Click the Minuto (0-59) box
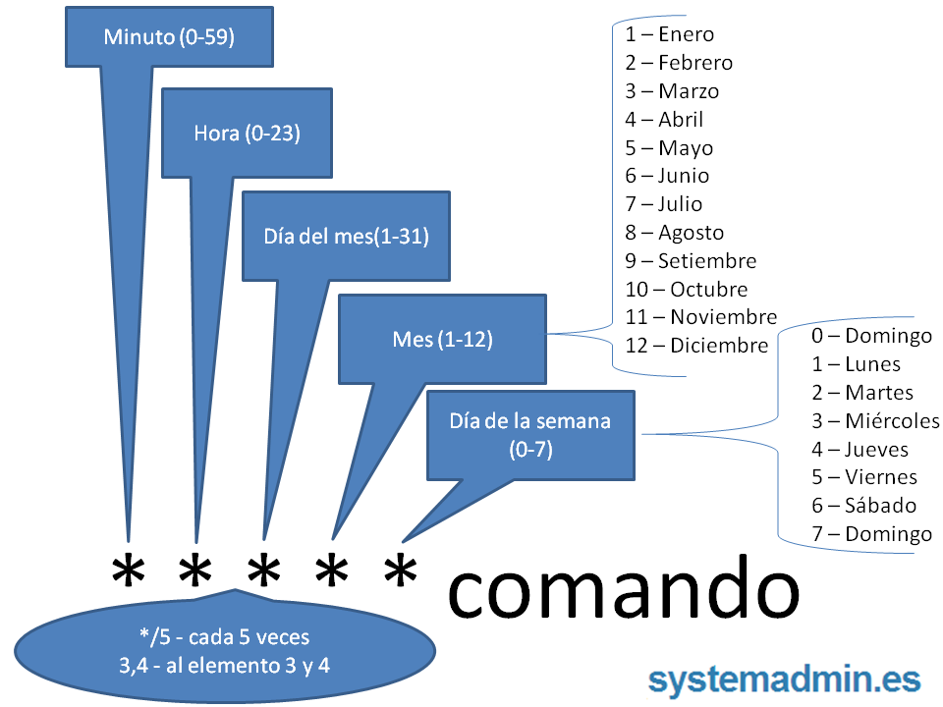169,37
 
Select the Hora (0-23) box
247,133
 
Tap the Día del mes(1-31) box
346,236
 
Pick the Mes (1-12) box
442,340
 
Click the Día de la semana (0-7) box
530,435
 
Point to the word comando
623,590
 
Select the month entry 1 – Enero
669,34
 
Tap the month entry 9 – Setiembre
691,261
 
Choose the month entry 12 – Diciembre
696,346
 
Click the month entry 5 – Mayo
669,148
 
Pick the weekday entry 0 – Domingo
871,336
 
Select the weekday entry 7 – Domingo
871,534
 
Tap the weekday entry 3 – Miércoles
875,421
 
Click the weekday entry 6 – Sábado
863,506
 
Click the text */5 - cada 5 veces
225,637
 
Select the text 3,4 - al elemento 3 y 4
225,665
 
